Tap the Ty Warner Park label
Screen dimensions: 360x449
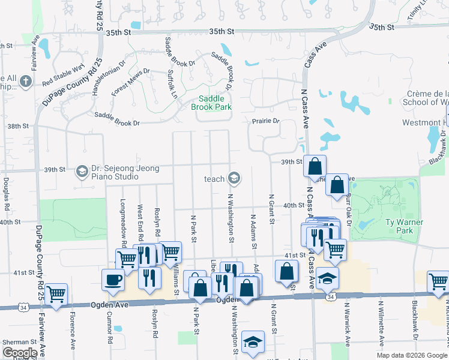point(406,226)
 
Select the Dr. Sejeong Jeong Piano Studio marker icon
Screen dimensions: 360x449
point(81,172)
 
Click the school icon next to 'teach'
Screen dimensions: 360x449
point(234,178)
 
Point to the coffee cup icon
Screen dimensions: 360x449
point(113,279)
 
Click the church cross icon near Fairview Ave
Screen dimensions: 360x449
point(25,81)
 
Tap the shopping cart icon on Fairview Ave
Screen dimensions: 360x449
point(56,294)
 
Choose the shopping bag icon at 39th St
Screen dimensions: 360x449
point(315,166)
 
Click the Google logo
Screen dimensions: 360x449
point(20,353)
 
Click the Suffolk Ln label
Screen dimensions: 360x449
point(172,83)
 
